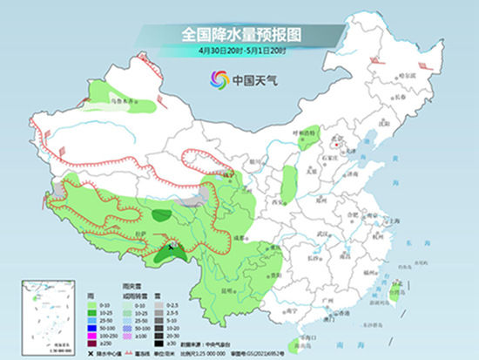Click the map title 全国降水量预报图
240,34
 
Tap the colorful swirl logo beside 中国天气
215,79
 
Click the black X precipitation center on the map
171,248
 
